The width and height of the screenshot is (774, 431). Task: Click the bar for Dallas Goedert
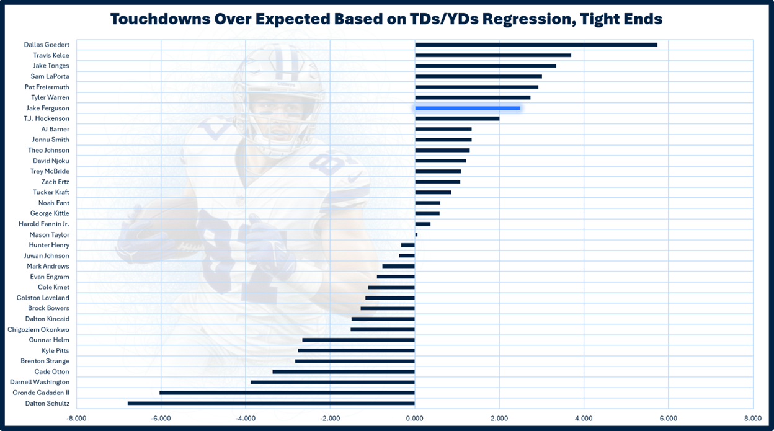(536, 45)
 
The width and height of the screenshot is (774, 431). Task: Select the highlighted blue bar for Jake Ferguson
(467, 108)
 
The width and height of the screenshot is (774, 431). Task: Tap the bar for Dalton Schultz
(271, 403)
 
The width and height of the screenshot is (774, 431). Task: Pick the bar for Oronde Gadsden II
(287, 393)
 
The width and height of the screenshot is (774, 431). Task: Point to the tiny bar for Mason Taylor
(416, 234)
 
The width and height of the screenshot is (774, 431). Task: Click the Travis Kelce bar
(493, 55)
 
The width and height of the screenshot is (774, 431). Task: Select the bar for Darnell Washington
(332, 382)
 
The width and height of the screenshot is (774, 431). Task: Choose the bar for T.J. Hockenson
(457, 118)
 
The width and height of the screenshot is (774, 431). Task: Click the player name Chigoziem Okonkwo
(38, 329)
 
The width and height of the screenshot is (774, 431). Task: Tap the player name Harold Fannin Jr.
(44, 224)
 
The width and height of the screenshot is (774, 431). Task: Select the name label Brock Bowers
(48, 308)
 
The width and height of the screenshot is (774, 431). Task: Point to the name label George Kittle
(50, 213)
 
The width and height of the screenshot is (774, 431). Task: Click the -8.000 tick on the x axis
(76, 419)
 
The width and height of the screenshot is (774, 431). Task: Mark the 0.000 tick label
(414, 419)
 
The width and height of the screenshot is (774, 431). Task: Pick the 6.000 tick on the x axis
(668, 419)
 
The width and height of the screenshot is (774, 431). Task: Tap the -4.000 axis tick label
(245, 419)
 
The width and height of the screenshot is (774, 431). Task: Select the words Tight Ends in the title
(623, 19)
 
